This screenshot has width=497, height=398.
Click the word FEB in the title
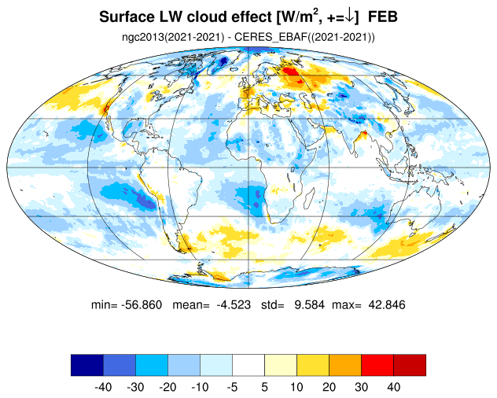click(x=382, y=17)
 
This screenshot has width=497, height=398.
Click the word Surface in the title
click(x=125, y=17)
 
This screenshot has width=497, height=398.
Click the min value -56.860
click(x=142, y=304)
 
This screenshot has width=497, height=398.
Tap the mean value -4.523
click(x=234, y=304)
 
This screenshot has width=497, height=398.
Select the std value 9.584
click(x=309, y=304)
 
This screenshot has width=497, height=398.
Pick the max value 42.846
click(x=387, y=304)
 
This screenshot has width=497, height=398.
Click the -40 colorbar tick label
click(x=103, y=387)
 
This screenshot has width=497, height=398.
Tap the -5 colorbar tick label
click(x=232, y=387)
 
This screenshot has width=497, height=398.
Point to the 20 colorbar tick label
click(x=329, y=387)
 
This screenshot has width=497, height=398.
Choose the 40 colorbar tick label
click(x=393, y=387)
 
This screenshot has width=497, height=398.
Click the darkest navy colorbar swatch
click(x=87, y=365)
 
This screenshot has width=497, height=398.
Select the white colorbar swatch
click(x=248, y=365)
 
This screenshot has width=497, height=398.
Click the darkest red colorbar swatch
click(x=410, y=365)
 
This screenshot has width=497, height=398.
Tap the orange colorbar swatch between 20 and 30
click(x=345, y=365)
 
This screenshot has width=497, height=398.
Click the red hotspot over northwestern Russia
click(x=290, y=72)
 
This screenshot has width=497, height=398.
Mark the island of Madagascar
click(x=309, y=198)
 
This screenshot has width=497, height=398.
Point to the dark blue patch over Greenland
click(x=224, y=61)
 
